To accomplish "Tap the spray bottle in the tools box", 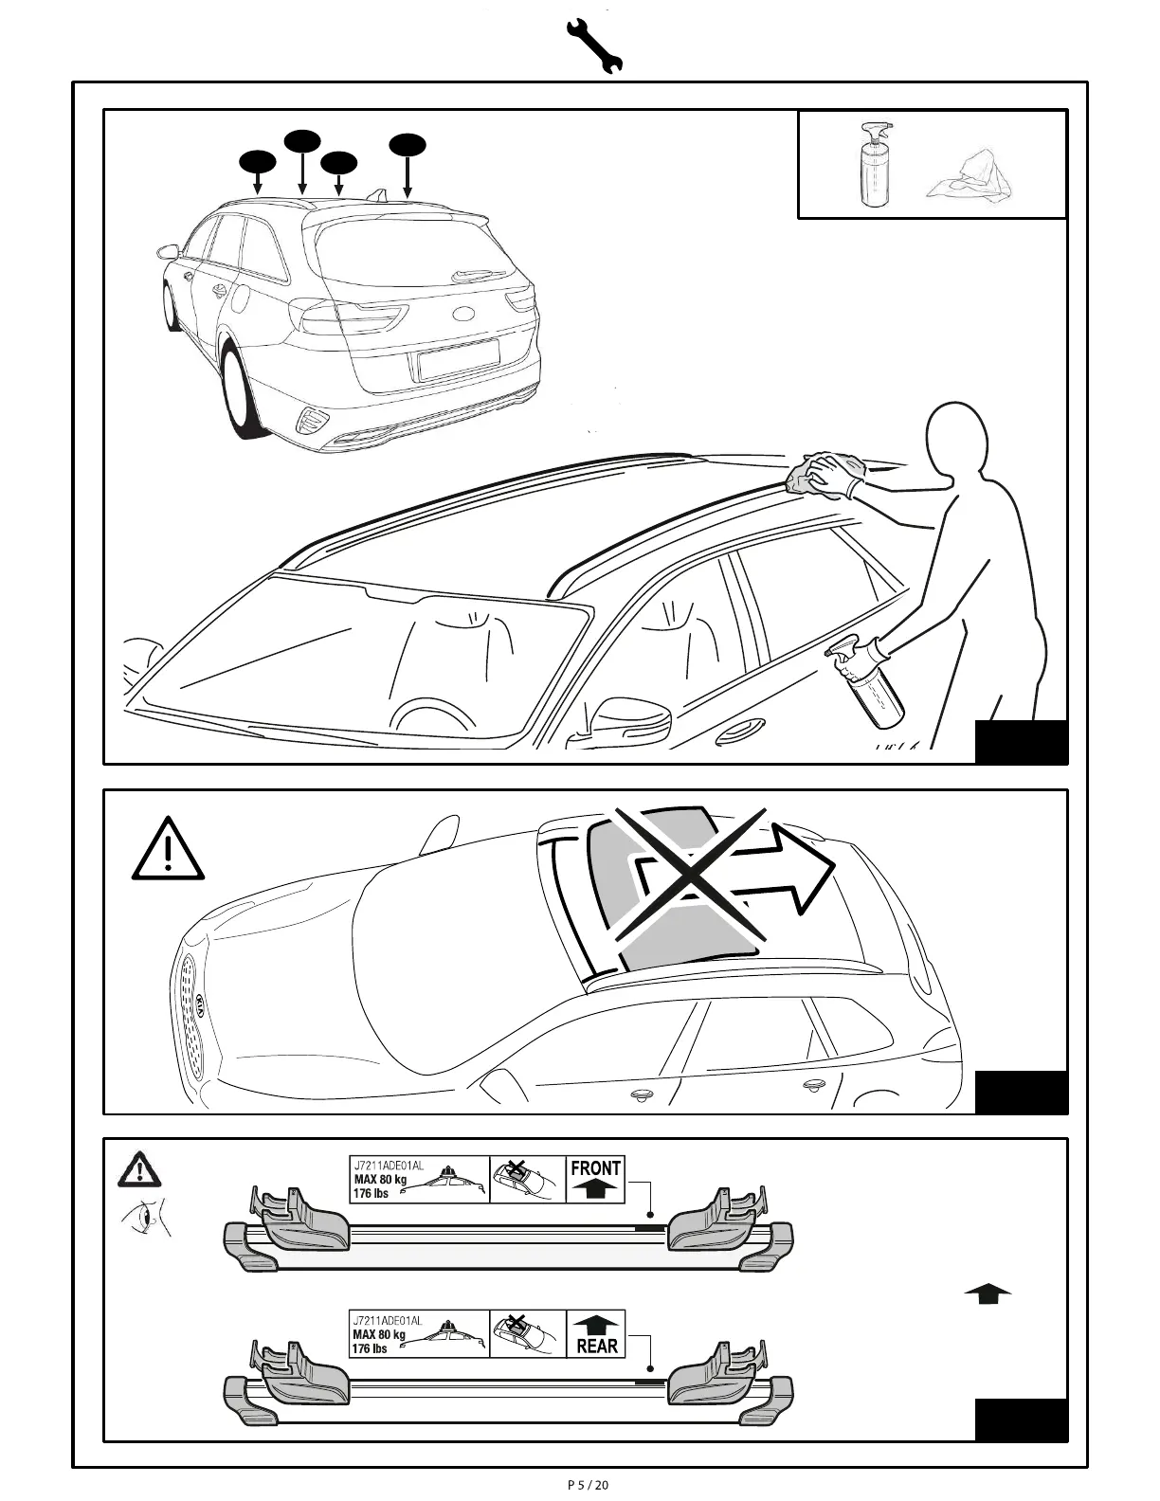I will coord(873,166).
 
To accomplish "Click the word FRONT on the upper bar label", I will coord(595,1168).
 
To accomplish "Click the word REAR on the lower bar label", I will coord(596,1346).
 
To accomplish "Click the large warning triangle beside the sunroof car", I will coord(168,849).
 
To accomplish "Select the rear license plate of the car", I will coord(459,359).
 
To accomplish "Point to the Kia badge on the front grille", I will coord(201,1004).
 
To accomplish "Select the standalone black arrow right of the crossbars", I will coord(988,1293).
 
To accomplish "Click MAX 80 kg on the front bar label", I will coord(379,1179).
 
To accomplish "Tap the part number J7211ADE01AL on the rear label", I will coord(387,1320).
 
